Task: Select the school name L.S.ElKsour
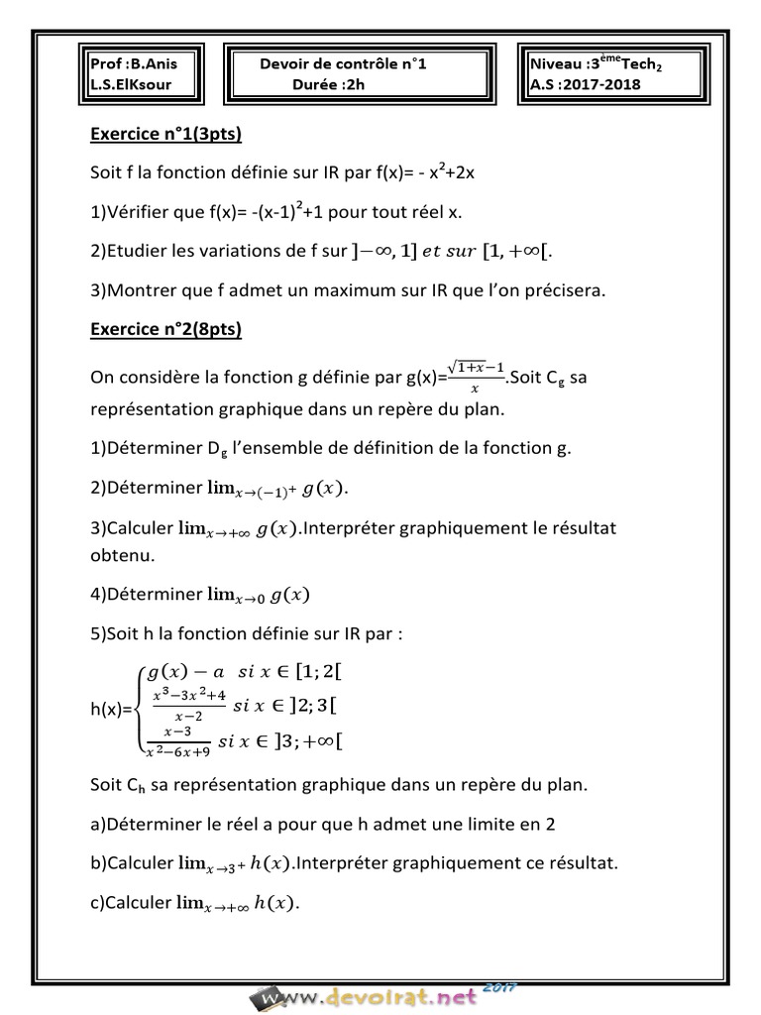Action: [x=130, y=84]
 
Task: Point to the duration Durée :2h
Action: [x=328, y=84]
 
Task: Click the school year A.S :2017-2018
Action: [x=586, y=84]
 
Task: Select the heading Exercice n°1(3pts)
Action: [x=166, y=134]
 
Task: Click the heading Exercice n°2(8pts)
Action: [x=166, y=328]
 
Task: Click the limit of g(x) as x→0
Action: [x=259, y=595]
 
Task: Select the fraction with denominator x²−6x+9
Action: [x=177, y=740]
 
